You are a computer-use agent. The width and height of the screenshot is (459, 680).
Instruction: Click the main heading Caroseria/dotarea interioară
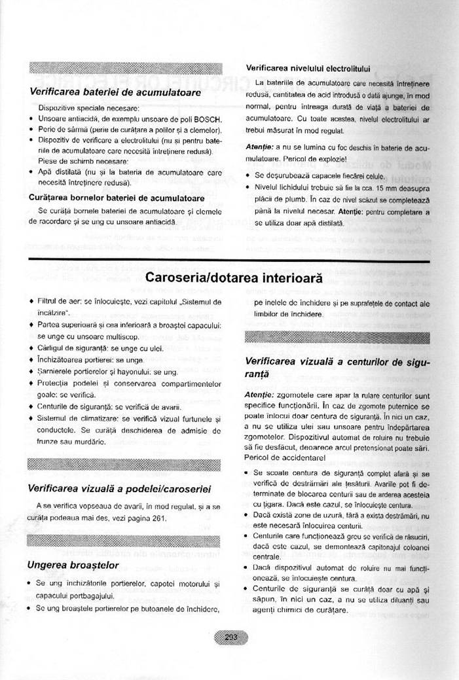point(234,277)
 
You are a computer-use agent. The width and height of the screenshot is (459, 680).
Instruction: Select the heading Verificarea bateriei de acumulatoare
point(115,92)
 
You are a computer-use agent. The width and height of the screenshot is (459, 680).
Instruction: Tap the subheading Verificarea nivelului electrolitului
point(308,67)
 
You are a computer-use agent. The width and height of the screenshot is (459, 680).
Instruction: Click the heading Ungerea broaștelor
point(73,564)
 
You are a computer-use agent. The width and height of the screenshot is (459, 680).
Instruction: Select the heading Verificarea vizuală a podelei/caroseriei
point(119,488)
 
